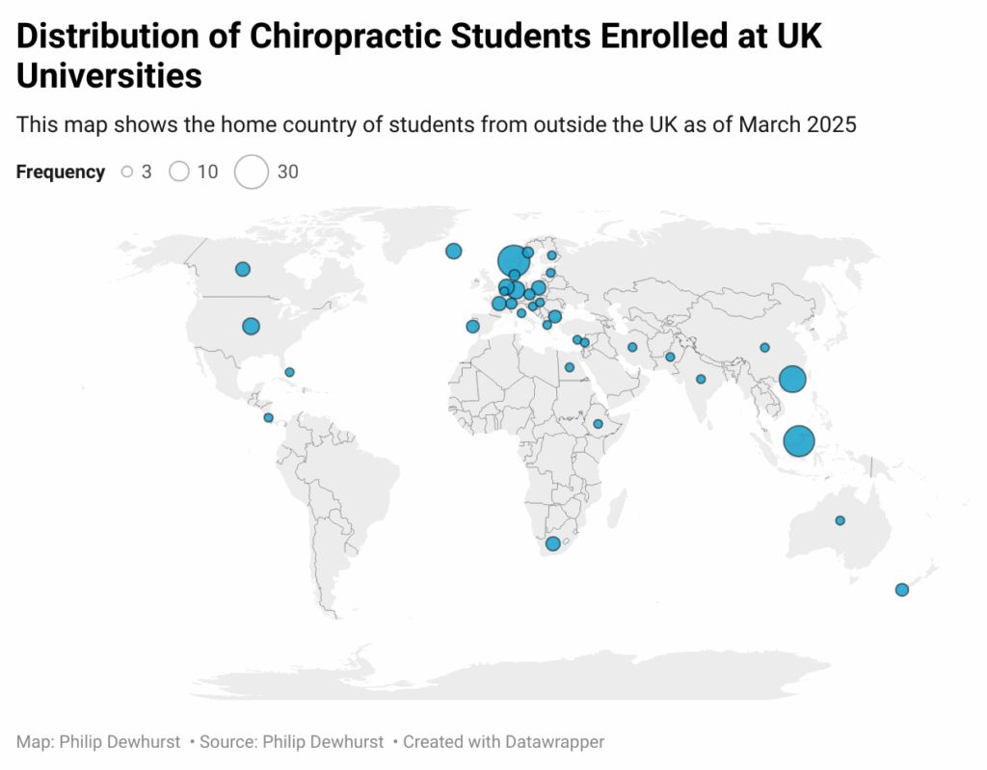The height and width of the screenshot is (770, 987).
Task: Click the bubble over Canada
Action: click(x=243, y=269)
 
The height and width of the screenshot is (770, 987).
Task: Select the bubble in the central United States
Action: click(x=251, y=327)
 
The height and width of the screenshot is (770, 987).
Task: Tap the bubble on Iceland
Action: click(x=453, y=252)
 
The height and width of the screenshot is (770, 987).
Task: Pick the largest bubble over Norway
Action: click(x=513, y=260)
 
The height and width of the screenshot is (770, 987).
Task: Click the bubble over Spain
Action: click(x=472, y=327)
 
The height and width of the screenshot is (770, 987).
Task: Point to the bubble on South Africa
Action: click(x=552, y=544)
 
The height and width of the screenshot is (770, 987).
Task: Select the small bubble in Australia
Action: click(x=840, y=520)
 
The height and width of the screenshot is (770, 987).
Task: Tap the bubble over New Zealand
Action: click(x=901, y=590)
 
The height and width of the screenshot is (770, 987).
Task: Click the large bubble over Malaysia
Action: click(x=799, y=440)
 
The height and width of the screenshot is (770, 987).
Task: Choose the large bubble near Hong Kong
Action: click(x=792, y=379)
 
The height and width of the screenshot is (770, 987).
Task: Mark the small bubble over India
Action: click(x=701, y=379)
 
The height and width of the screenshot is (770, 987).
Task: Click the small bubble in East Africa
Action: click(x=598, y=424)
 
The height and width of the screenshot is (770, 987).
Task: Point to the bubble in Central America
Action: click(x=268, y=417)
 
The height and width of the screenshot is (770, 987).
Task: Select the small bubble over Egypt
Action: click(x=569, y=367)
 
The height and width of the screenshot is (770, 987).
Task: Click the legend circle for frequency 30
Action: click(x=252, y=173)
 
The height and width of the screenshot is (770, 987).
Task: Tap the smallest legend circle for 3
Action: click(x=126, y=173)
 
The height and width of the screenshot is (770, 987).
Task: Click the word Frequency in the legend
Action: click(x=61, y=173)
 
